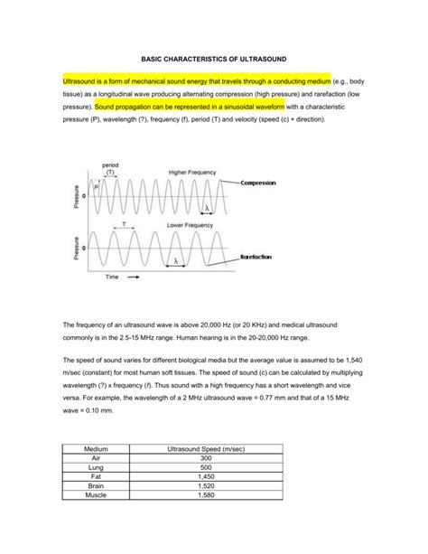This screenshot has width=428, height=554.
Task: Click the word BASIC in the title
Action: click(154, 55)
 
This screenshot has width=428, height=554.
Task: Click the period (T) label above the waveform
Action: click(111, 169)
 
